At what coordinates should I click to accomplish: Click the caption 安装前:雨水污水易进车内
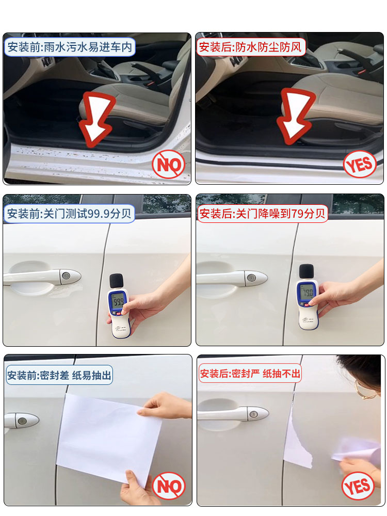click(70, 47)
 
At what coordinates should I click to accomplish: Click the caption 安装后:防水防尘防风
click(251, 47)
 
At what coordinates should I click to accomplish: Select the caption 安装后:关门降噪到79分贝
click(263, 214)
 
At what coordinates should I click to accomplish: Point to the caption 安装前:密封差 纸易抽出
click(59, 375)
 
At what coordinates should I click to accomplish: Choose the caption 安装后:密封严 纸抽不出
click(250, 373)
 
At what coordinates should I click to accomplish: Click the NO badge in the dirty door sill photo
click(169, 165)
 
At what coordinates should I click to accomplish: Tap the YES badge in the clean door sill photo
click(359, 165)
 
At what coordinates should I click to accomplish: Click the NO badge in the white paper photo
click(169, 486)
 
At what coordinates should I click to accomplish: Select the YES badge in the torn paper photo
click(358, 486)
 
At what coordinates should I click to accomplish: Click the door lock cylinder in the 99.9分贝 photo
click(66, 276)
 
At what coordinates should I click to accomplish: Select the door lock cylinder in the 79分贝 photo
click(251, 278)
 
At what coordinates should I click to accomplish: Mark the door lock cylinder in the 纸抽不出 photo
click(253, 413)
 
